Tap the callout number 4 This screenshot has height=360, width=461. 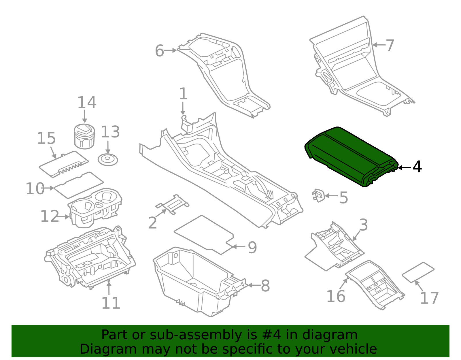click(417, 167)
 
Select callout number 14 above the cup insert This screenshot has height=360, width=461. click(87, 103)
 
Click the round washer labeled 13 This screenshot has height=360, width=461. click(108, 160)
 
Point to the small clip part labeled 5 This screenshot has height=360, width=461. click(318, 195)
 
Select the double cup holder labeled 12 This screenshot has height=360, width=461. click(95, 208)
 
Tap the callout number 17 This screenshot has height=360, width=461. click(429, 298)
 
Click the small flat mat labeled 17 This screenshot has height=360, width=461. click(418, 272)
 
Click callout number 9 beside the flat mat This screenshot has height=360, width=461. click(252, 247)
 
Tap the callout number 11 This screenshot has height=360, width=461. click(111, 303)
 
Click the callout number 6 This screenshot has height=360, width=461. click(159, 51)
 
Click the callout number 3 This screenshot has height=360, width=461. click(364, 225)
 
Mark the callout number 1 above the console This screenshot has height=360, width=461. click(183, 94)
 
